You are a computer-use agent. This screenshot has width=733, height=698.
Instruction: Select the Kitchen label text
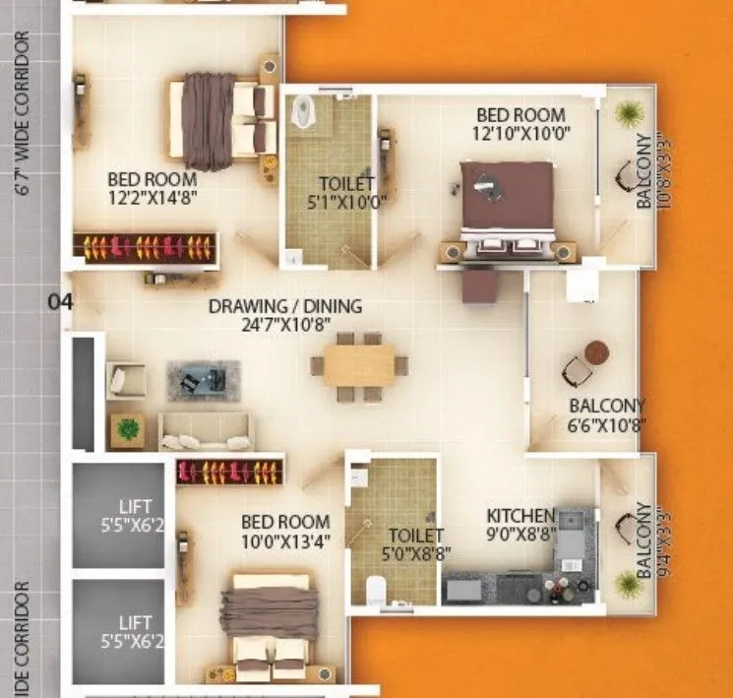click(x=521, y=516)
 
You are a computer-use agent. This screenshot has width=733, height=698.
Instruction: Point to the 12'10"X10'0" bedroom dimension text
click(x=521, y=133)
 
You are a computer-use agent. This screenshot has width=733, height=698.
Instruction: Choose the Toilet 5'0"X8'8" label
click(x=412, y=544)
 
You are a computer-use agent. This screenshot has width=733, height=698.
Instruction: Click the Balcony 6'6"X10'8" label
click(x=607, y=415)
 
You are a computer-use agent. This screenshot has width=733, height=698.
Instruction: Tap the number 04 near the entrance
click(x=61, y=302)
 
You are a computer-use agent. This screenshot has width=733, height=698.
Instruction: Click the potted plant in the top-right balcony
click(x=624, y=112)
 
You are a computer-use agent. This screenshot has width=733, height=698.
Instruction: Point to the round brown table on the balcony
click(x=596, y=351)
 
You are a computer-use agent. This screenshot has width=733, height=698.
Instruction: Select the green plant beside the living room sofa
click(x=126, y=429)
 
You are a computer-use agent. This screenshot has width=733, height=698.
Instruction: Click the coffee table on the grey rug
click(x=204, y=379)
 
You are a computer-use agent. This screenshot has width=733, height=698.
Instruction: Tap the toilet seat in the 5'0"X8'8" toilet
click(x=375, y=589)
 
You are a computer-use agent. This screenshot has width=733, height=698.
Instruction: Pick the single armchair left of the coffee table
click(x=126, y=380)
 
